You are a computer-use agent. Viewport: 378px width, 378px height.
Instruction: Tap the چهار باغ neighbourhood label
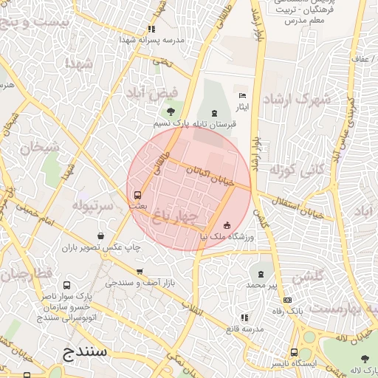pyautogui.click(x=173, y=215)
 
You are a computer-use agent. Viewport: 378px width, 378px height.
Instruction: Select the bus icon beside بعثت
pyautogui.click(x=137, y=195)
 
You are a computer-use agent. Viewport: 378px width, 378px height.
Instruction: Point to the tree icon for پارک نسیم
pyautogui.click(x=171, y=112)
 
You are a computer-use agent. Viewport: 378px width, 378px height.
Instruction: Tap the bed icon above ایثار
pyautogui.click(x=242, y=95)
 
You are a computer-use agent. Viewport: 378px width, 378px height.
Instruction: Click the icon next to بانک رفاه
pyautogui.click(x=287, y=300)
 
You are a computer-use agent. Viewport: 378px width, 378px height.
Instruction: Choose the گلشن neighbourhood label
pyautogui.click(x=309, y=278)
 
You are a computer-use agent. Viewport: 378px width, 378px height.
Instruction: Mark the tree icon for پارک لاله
pyautogui.click(x=365, y=358)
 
